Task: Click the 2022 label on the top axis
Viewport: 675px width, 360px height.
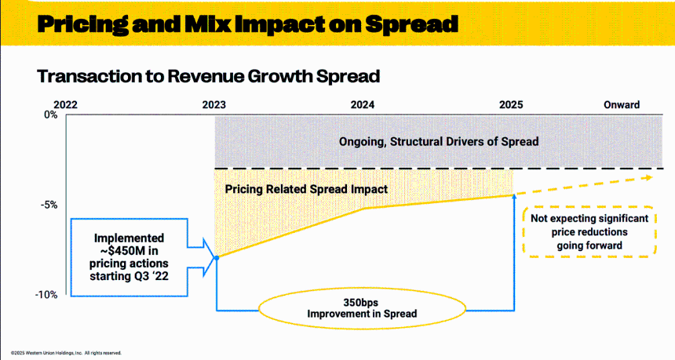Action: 65,105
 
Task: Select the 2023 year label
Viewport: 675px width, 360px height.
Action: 214,105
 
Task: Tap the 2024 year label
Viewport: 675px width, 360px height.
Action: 363,105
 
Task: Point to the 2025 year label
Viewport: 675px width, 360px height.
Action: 511,105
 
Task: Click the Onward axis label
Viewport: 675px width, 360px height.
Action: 622,105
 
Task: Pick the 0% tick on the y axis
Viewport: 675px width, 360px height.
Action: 50,115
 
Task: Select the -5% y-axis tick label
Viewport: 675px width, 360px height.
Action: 49,205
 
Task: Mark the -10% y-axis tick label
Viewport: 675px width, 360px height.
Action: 46,295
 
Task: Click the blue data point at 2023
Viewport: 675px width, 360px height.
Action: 217,257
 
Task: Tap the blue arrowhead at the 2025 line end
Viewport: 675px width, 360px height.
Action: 514,196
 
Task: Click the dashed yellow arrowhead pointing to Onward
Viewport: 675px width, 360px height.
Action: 649,176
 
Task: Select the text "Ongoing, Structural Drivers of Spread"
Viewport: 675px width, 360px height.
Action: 439,141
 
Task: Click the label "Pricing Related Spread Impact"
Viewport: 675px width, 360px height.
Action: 306,189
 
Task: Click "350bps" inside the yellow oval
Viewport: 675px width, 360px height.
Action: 361,302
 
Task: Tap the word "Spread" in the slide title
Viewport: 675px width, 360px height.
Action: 411,24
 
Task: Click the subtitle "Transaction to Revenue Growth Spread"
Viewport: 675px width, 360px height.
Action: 208,76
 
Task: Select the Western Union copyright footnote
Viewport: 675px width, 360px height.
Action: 66,353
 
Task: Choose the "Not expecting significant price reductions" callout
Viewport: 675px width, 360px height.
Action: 589,232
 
